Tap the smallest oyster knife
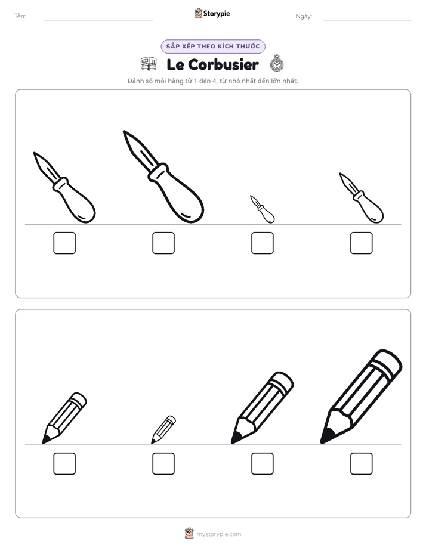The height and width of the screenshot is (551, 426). click(263, 210)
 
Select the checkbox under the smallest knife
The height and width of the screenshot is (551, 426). click(262, 243)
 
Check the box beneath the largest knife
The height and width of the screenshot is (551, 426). click(163, 243)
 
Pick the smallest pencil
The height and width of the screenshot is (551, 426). click(163, 429)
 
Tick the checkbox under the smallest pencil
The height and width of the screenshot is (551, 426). click(163, 463)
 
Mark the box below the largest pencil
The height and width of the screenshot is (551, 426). click(362, 463)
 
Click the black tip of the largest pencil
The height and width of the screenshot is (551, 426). click(326, 437)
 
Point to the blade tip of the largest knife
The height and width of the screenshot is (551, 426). click(124, 132)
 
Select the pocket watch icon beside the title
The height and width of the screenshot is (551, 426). click(277, 64)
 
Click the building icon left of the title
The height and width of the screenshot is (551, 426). click(149, 64)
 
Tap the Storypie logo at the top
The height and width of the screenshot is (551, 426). click(212, 13)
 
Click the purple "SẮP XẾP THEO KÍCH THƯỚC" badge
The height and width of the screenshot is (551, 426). click(213, 47)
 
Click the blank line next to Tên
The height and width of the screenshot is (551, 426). click(98, 20)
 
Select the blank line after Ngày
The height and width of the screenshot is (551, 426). click(368, 20)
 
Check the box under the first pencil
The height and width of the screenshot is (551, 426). click(64, 463)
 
